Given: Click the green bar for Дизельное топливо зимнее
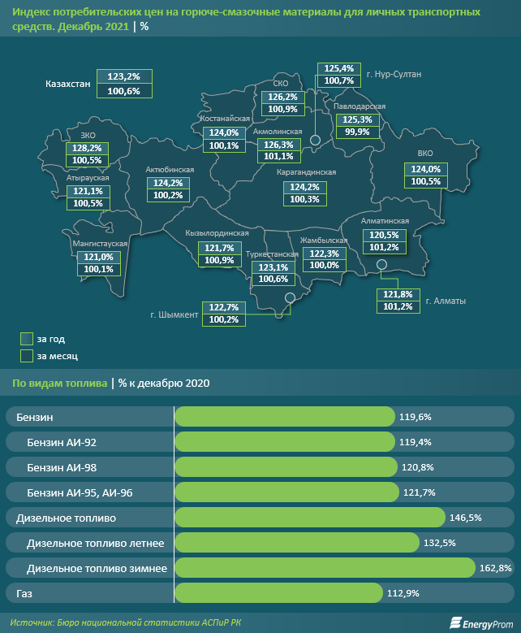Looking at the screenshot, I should pyautogui.click(x=325, y=568).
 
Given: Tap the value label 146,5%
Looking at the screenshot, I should pyautogui.click(x=465, y=518).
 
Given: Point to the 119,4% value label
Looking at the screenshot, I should pyautogui.click(x=415, y=442).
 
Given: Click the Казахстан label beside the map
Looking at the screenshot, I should pyautogui.click(x=68, y=83).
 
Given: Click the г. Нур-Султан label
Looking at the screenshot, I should pyautogui.click(x=394, y=74).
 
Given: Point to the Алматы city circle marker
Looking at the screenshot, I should pyautogui.click(x=381, y=264).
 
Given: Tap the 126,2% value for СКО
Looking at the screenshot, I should pyautogui.click(x=282, y=97).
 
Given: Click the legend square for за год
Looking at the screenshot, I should pyautogui.click(x=26, y=338).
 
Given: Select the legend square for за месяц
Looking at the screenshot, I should pyautogui.click(x=26, y=355).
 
